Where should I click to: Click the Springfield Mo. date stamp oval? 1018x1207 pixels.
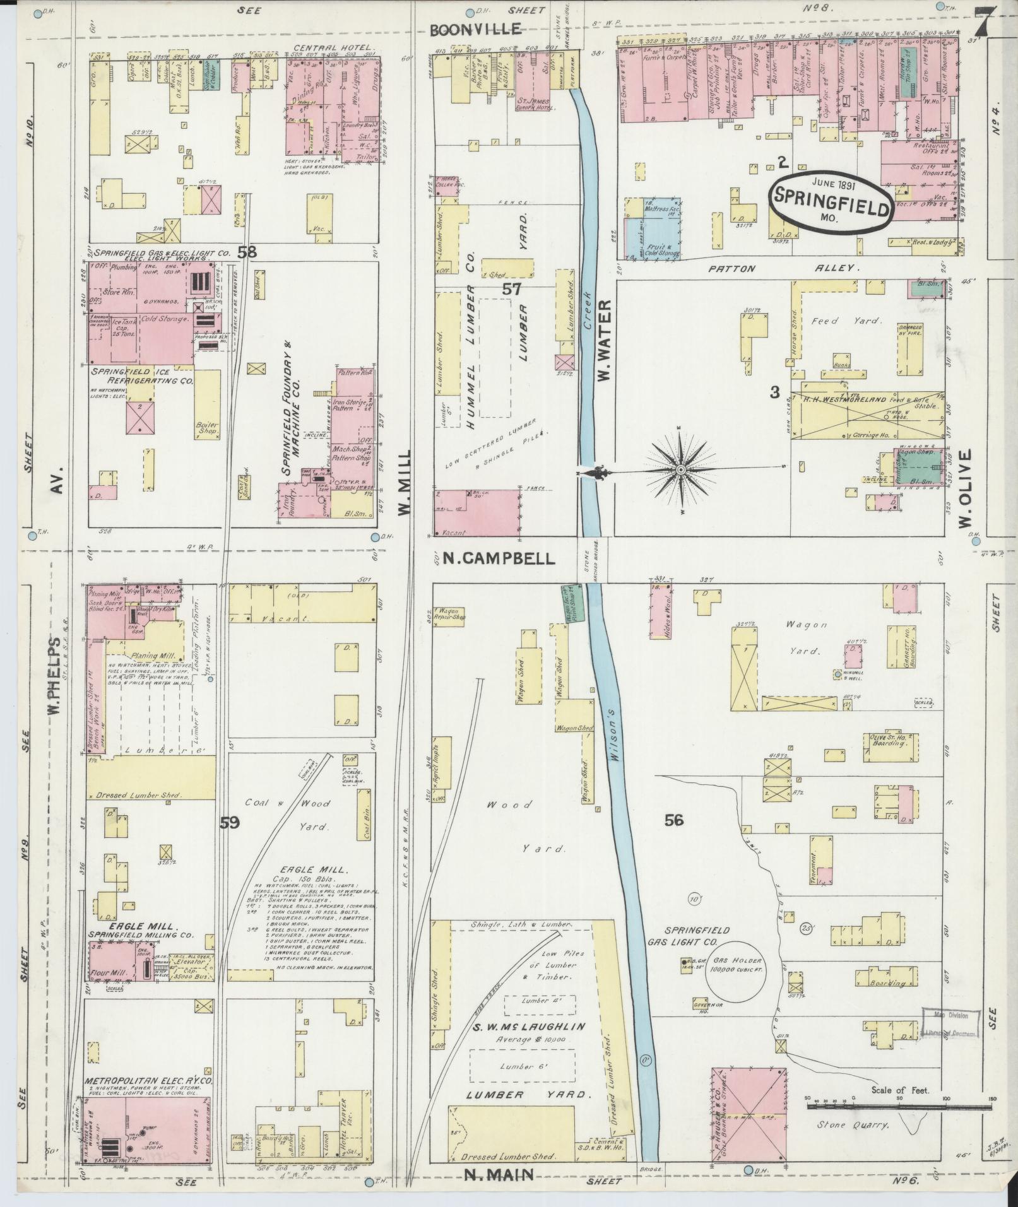tap(831, 200)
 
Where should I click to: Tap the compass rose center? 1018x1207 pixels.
tap(681, 471)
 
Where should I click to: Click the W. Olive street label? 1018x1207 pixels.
tap(964, 488)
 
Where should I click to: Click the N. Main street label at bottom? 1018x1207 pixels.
tap(499, 1174)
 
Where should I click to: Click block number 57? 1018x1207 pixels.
tap(512, 290)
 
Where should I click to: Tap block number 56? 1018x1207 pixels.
tap(674, 820)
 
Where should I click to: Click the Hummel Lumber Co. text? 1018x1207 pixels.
tap(470, 358)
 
